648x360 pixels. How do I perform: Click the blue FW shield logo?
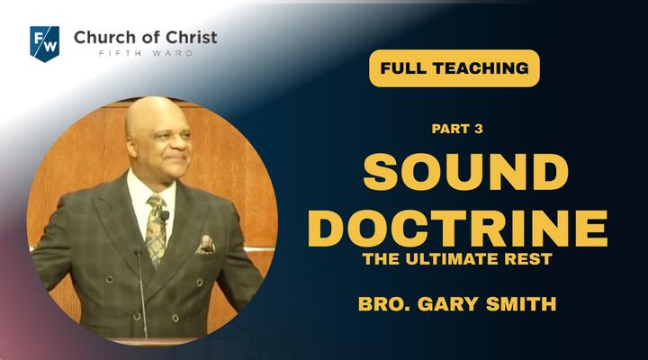[45, 44]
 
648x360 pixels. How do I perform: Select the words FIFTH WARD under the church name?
[146, 53]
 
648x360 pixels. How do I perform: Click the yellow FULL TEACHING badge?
[454, 68]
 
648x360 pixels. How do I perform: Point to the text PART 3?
[457, 129]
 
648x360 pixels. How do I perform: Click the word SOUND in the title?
[466, 172]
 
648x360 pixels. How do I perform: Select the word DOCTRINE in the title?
[457, 229]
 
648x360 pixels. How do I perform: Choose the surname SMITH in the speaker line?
[521, 304]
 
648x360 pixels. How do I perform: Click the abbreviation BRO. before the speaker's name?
[385, 304]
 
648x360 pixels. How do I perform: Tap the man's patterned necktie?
[157, 229]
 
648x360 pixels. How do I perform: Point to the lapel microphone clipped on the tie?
[165, 216]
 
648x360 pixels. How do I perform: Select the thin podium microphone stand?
[141, 293]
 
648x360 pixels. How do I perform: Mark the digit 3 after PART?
[479, 129]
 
